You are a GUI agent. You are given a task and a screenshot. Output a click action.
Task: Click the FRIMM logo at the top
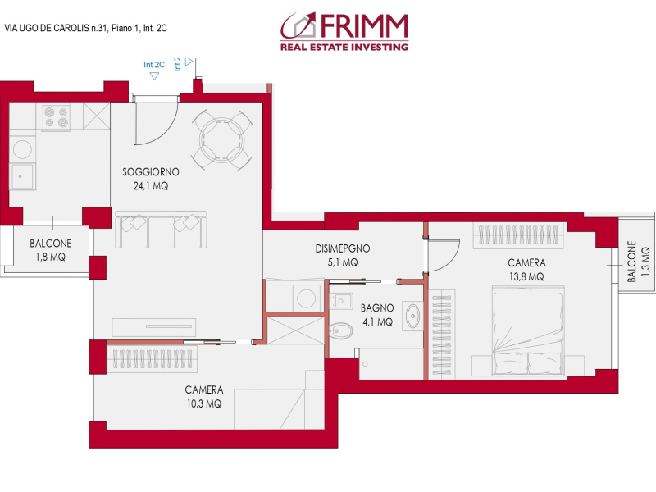coord(344,32)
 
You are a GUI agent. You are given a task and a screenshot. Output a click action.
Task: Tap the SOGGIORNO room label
coord(150,172)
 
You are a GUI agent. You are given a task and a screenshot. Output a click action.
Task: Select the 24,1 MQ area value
coord(150,186)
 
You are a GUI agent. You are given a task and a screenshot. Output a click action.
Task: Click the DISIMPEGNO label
coord(343,248)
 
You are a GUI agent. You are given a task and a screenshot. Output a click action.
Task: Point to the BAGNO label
coord(377,308)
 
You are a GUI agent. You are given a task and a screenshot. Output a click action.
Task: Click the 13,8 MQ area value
coord(526,277)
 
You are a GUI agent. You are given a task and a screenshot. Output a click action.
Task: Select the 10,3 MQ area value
coord(203,403)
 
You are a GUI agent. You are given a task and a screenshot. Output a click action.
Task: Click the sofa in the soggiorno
coord(161,230)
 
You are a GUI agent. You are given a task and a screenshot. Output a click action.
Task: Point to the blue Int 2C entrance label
coord(154,65)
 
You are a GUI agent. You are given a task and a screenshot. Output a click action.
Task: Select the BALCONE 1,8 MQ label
coord(51,250)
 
